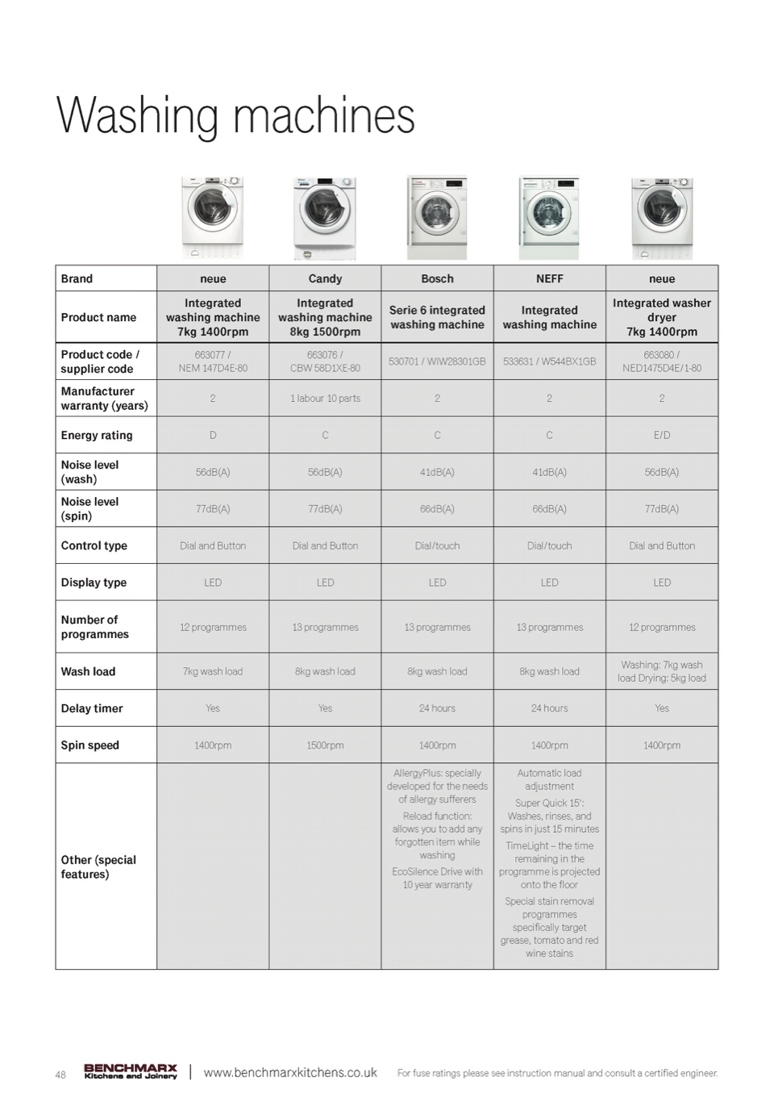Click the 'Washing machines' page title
(235, 115)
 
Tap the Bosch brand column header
(437, 279)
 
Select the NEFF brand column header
(549, 279)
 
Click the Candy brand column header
(325, 279)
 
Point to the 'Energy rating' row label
(97, 436)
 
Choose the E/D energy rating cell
(661, 436)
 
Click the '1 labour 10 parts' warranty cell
(325, 399)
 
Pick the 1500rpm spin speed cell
(325, 745)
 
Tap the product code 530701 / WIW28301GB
(437, 361)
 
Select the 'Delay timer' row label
(92, 708)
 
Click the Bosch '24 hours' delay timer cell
(437, 708)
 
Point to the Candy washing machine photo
(325, 218)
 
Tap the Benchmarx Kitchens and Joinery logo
(131, 1071)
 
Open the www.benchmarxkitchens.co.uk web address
(290, 1073)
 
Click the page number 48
(60, 1075)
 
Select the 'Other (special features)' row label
(98, 866)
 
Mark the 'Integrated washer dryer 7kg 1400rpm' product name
(661, 317)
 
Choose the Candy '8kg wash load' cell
(325, 671)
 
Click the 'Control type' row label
(94, 545)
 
